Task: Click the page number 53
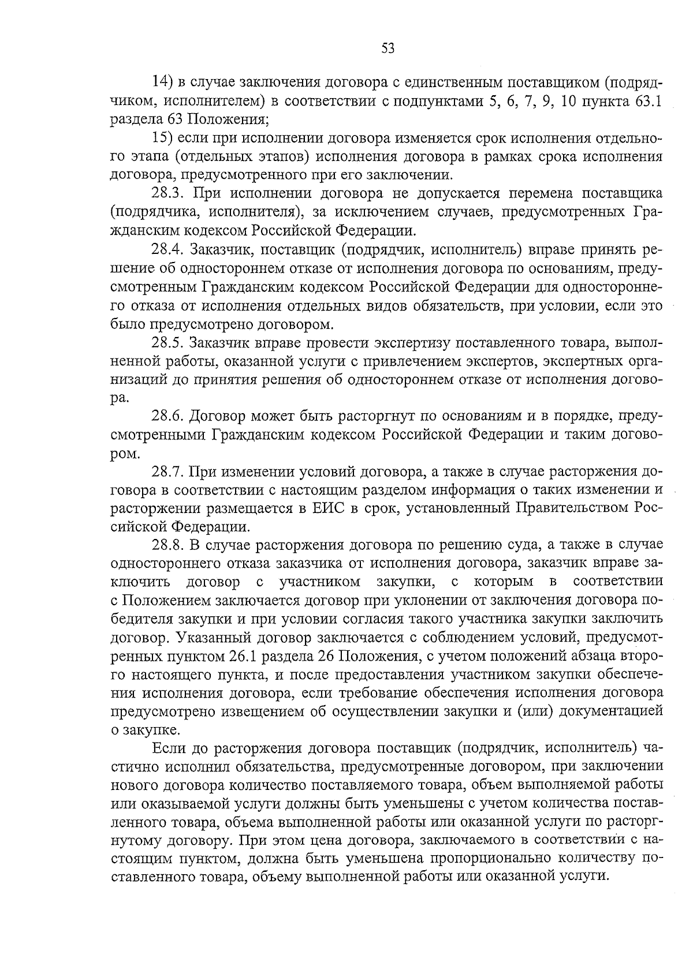coord(388,49)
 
